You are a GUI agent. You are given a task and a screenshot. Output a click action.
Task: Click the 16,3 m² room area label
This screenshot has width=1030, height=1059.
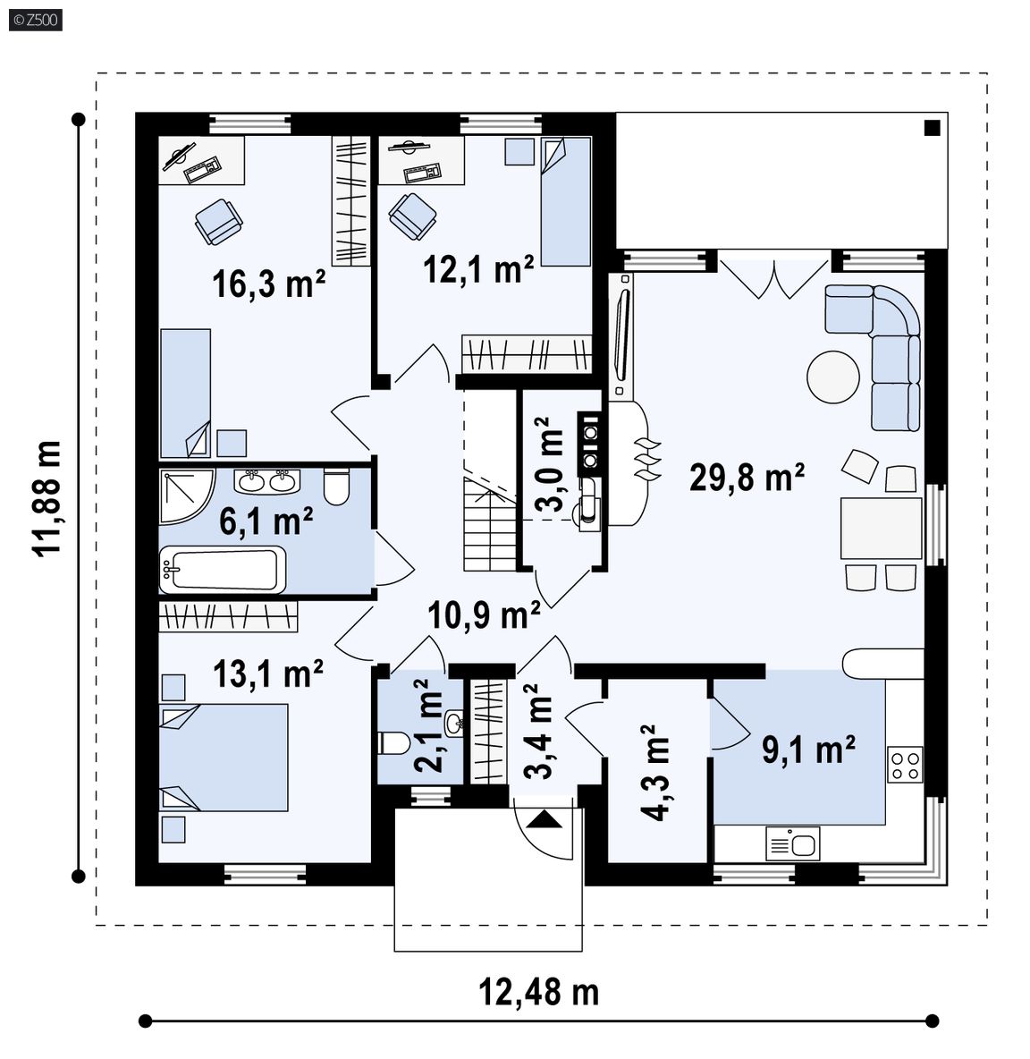(268, 284)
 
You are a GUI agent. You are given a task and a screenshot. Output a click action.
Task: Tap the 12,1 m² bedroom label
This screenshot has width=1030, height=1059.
(478, 269)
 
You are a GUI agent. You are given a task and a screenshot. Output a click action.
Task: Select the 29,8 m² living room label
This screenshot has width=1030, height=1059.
(747, 477)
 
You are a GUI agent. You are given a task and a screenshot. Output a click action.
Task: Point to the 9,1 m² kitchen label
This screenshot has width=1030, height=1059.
(808, 750)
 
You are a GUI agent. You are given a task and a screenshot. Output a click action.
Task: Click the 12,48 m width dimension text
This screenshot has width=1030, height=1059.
(538, 992)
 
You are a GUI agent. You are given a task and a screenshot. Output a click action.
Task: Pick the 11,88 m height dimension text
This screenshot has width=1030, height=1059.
(47, 498)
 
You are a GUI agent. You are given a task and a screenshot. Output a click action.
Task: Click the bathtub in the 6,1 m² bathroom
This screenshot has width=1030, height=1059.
(223, 570)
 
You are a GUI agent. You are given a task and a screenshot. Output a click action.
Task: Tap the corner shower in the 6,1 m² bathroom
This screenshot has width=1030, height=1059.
(186, 496)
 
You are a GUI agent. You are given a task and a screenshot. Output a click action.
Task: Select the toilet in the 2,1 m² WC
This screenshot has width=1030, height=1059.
(393, 743)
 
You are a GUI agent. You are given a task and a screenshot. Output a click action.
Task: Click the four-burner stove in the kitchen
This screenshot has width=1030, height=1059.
(905, 765)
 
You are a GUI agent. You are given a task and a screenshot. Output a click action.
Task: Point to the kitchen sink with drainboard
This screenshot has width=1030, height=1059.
(793, 843)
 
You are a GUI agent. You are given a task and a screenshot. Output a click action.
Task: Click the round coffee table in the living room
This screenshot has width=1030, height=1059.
(833, 377)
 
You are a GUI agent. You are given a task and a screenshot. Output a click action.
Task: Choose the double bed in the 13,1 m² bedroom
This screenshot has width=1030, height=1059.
(224, 757)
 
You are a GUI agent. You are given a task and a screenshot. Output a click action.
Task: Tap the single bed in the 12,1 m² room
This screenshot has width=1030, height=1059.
(566, 201)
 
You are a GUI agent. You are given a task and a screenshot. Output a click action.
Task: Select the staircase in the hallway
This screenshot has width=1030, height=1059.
(490, 524)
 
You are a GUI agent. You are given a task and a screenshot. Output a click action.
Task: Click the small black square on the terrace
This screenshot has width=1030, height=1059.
(933, 128)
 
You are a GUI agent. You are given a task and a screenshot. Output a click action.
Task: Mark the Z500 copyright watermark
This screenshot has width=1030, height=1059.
(36, 20)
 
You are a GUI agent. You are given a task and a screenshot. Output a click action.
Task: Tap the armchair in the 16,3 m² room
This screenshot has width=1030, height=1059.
(219, 221)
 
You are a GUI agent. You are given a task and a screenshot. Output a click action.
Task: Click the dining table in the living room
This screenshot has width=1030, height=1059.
(881, 528)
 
